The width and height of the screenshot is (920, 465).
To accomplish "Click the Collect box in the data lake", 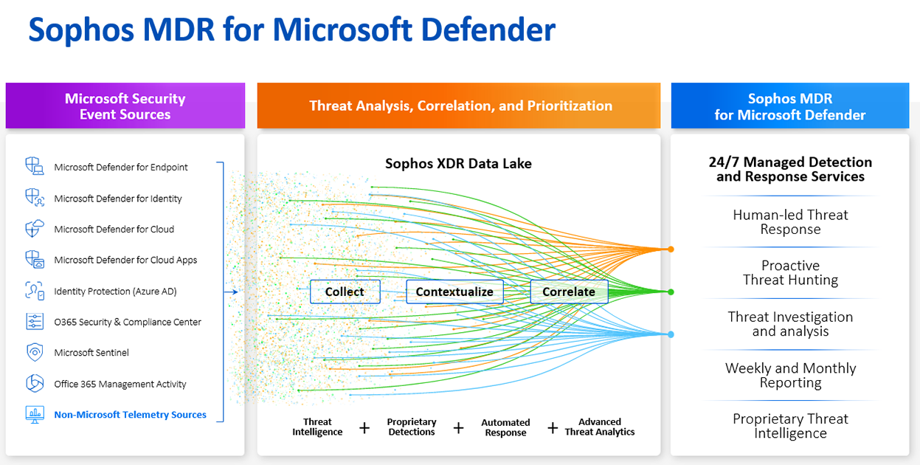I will pyautogui.click(x=345, y=292).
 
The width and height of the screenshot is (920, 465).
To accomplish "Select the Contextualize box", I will pyautogui.click(x=454, y=292).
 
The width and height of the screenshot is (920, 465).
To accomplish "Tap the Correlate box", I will pyautogui.click(x=569, y=292).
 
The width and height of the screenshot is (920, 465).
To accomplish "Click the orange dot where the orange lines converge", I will pyautogui.click(x=671, y=249).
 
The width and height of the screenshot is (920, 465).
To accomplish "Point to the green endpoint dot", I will pyautogui.click(x=671, y=292).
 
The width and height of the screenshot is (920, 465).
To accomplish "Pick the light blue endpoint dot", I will pyautogui.click(x=671, y=334).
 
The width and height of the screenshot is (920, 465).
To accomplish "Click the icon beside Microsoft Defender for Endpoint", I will pyautogui.click(x=35, y=167).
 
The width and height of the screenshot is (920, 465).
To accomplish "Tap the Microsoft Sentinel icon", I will pyautogui.click(x=35, y=352).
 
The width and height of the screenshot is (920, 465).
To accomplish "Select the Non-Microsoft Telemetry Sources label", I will pyautogui.click(x=130, y=415).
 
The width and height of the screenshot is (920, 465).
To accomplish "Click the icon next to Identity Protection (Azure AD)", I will pyautogui.click(x=35, y=291).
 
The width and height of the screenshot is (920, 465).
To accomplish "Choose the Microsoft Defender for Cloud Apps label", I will pyautogui.click(x=125, y=260).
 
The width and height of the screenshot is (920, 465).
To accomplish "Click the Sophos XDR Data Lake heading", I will pyautogui.click(x=458, y=164).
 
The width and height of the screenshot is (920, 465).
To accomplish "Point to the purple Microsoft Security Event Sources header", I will pyautogui.click(x=125, y=106).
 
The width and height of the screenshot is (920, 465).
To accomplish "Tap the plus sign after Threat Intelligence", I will pyautogui.click(x=364, y=427).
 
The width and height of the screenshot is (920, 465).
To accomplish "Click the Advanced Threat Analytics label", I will pyautogui.click(x=600, y=427).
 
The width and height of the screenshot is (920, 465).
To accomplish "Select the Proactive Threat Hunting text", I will pyautogui.click(x=790, y=272).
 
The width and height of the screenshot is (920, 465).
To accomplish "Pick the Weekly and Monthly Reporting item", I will pyautogui.click(x=790, y=375).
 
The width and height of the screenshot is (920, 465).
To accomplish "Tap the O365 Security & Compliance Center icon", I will pyautogui.click(x=35, y=322).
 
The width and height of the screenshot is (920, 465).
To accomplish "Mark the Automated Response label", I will pyautogui.click(x=505, y=427).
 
